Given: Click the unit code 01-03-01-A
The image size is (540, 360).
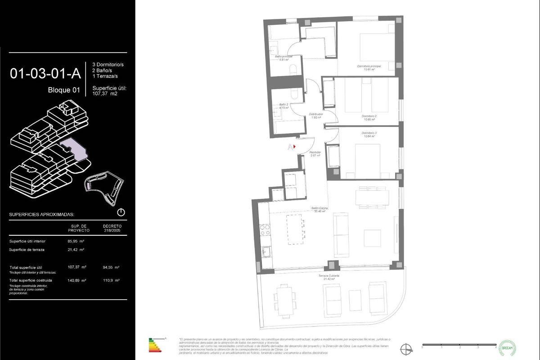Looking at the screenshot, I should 45,73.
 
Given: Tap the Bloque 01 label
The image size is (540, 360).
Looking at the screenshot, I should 64,90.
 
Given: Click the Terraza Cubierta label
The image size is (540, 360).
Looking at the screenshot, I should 330,277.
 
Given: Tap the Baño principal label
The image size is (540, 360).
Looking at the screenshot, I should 283,58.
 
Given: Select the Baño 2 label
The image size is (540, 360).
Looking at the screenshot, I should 283,106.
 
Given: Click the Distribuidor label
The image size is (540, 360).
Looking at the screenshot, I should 316,116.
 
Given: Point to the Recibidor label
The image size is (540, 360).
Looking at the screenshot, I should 315,154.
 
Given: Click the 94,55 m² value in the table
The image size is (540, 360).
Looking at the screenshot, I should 111,267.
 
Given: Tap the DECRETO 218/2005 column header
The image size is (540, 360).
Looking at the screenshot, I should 112,228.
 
